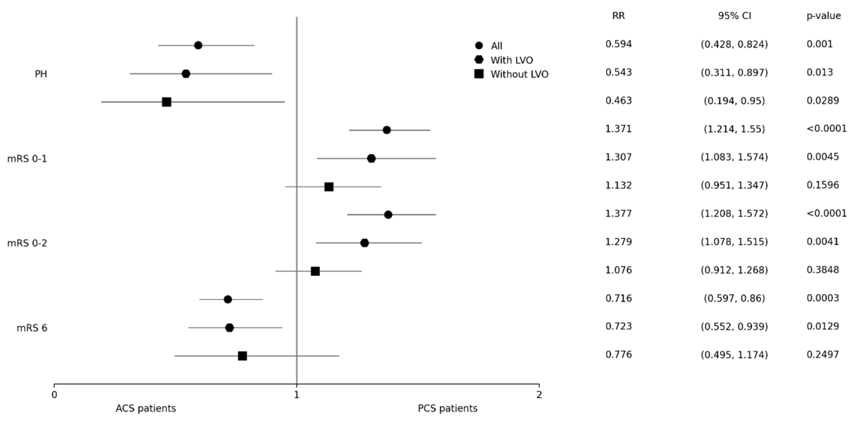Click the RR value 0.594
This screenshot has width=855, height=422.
[618, 44]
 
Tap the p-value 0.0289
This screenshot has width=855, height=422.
[822, 101]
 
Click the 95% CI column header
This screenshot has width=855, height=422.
[734, 16]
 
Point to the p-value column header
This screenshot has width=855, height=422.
[823, 16]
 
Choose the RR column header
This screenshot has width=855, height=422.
[618, 16]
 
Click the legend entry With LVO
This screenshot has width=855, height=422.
[511, 60]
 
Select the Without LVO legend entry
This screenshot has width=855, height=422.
[519, 74]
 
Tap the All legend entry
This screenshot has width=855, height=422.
[496, 46]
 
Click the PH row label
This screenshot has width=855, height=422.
[41, 74]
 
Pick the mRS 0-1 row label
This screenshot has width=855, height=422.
[27, 159]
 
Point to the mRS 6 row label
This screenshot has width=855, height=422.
[32, 328]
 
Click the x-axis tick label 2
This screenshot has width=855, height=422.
[539, 395]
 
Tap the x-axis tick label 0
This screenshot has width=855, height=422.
[54, 395]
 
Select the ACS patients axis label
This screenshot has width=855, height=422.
[146, 408]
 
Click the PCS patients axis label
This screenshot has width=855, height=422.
[448, 408]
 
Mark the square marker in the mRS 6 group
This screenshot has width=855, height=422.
[243, 356]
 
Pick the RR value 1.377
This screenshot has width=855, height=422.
[618, 213]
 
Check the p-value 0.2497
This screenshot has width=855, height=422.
[822, 354]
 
